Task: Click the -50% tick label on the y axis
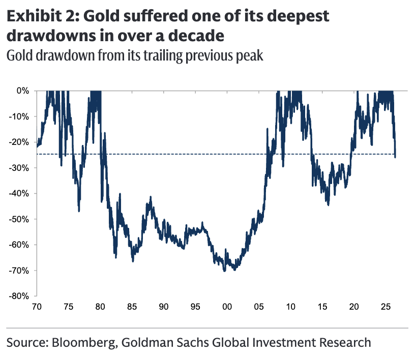[19, 220]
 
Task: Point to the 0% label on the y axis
[23, 91]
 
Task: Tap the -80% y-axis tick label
[19, 296]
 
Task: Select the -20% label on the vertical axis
[19, 142]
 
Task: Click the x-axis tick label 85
[132, 307]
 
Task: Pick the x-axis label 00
[227, 307]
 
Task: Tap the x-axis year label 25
[386, 307]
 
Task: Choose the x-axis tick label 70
[37, 307]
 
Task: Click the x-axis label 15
[322, 307]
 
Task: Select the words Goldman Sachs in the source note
[165, 342]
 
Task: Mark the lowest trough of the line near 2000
[225, 271]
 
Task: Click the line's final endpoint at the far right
[395, 157]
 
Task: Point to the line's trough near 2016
[329, 204]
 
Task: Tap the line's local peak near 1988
[151, 197]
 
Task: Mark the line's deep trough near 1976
[79, 211]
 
